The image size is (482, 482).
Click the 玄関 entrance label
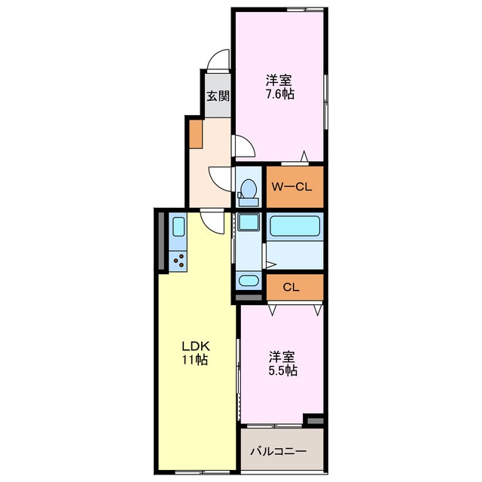pyautogui.click(x=218, y=96)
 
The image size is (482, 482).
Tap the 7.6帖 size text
pyautogui.click(x=279, y=95)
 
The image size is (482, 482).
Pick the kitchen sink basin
pyautogui.click(x=179, y=227)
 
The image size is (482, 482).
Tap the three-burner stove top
pyautogui.click(x=179, y=261)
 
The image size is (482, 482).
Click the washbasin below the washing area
pyautogui.click(x=247, y=282)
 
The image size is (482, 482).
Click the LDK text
pyautogui.click(x=194, y=346)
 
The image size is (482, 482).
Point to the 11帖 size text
pyautogui.click(x=194, y=360)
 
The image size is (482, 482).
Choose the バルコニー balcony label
pyautogui.click(x=279, y=452)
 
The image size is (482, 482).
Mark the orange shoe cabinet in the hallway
pyautogui.click(x=196, y=135)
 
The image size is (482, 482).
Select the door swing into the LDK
pyautogui.click(x=214, y=221)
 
